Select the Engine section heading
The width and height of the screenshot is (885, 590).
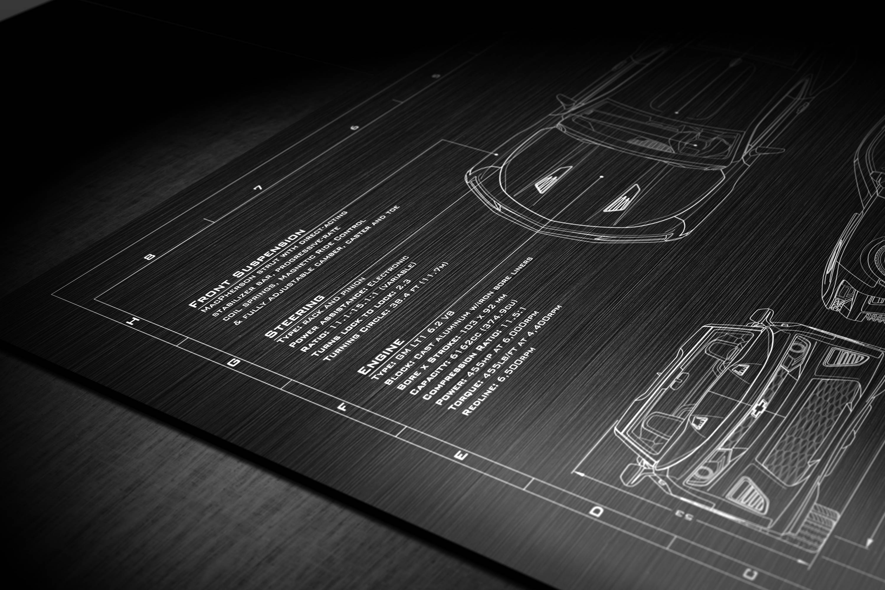pyautogui.click(x=380, y=357)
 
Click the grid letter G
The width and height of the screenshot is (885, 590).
pyautogui.click(x=234, y=362)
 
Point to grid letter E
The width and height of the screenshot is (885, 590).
pyautogui.click(x=461, y=456)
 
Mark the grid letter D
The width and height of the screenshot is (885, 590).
pyautogui.click(x=596, y=511)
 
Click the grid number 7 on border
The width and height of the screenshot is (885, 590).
pyautogui.click(x=259, y=188)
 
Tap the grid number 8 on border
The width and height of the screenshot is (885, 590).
pyautogui.click(x=150, y=257)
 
